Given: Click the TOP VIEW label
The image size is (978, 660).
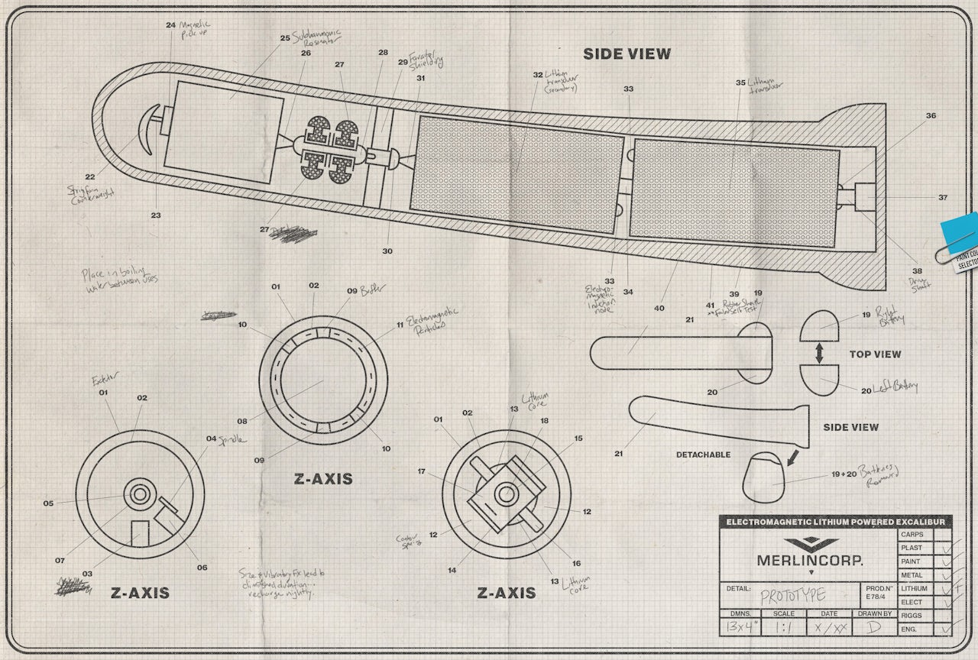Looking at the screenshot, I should click(x=875, y=354).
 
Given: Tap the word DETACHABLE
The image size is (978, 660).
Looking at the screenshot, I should click(x=703, y=455).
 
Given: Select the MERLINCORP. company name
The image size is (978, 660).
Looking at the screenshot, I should click(x=810, y=560).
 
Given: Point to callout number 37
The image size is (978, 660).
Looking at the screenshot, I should click(x=943, y=198).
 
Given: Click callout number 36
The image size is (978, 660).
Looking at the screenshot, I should click(x=931, y=116).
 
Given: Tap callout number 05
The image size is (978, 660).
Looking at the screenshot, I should click(x=48, y=503).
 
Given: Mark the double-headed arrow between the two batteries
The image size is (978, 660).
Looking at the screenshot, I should click(x=819, y=352).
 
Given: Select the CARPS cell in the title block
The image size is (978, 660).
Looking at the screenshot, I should click(x=912, y=535).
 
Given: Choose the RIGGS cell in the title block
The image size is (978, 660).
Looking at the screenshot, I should click(x=912, y=615).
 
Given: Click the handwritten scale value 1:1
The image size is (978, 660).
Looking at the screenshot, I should click(x=783, y=628).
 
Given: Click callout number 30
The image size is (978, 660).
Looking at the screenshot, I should click(x=387, y=251).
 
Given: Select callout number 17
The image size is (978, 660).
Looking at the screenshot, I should click(x=421, y=471).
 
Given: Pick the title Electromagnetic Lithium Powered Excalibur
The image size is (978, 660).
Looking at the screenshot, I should click(x=835, y=522).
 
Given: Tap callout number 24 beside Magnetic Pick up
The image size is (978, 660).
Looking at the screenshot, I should click(x=170, y=24).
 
